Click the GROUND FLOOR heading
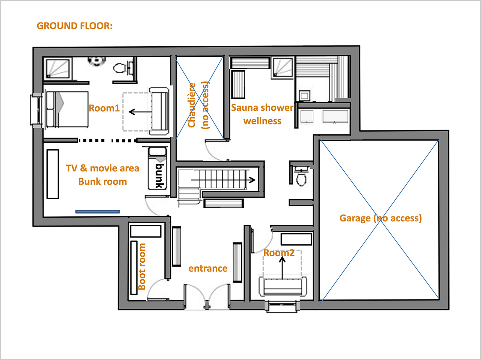[x=74, y=26]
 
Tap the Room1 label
[x=104, y=108]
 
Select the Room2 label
[x=279, y=253]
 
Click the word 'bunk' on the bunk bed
[x=160, y=176]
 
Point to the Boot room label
[x=142, y=266]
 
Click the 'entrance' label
[x=208, y=268]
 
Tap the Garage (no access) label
[x=381, y=218]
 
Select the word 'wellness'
[x=262, y=121]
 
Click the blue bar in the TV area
[x=97, y=212]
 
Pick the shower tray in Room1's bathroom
[x=58, y=68]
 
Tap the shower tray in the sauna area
[x=283, y=67]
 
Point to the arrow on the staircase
[x=223, y=180]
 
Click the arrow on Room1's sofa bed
[x=140, y=112]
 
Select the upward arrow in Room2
[x=282, y=268]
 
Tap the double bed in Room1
[x=67, y=110]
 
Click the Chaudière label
[x=192, y=105]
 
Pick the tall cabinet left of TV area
[x=53, y=174]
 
